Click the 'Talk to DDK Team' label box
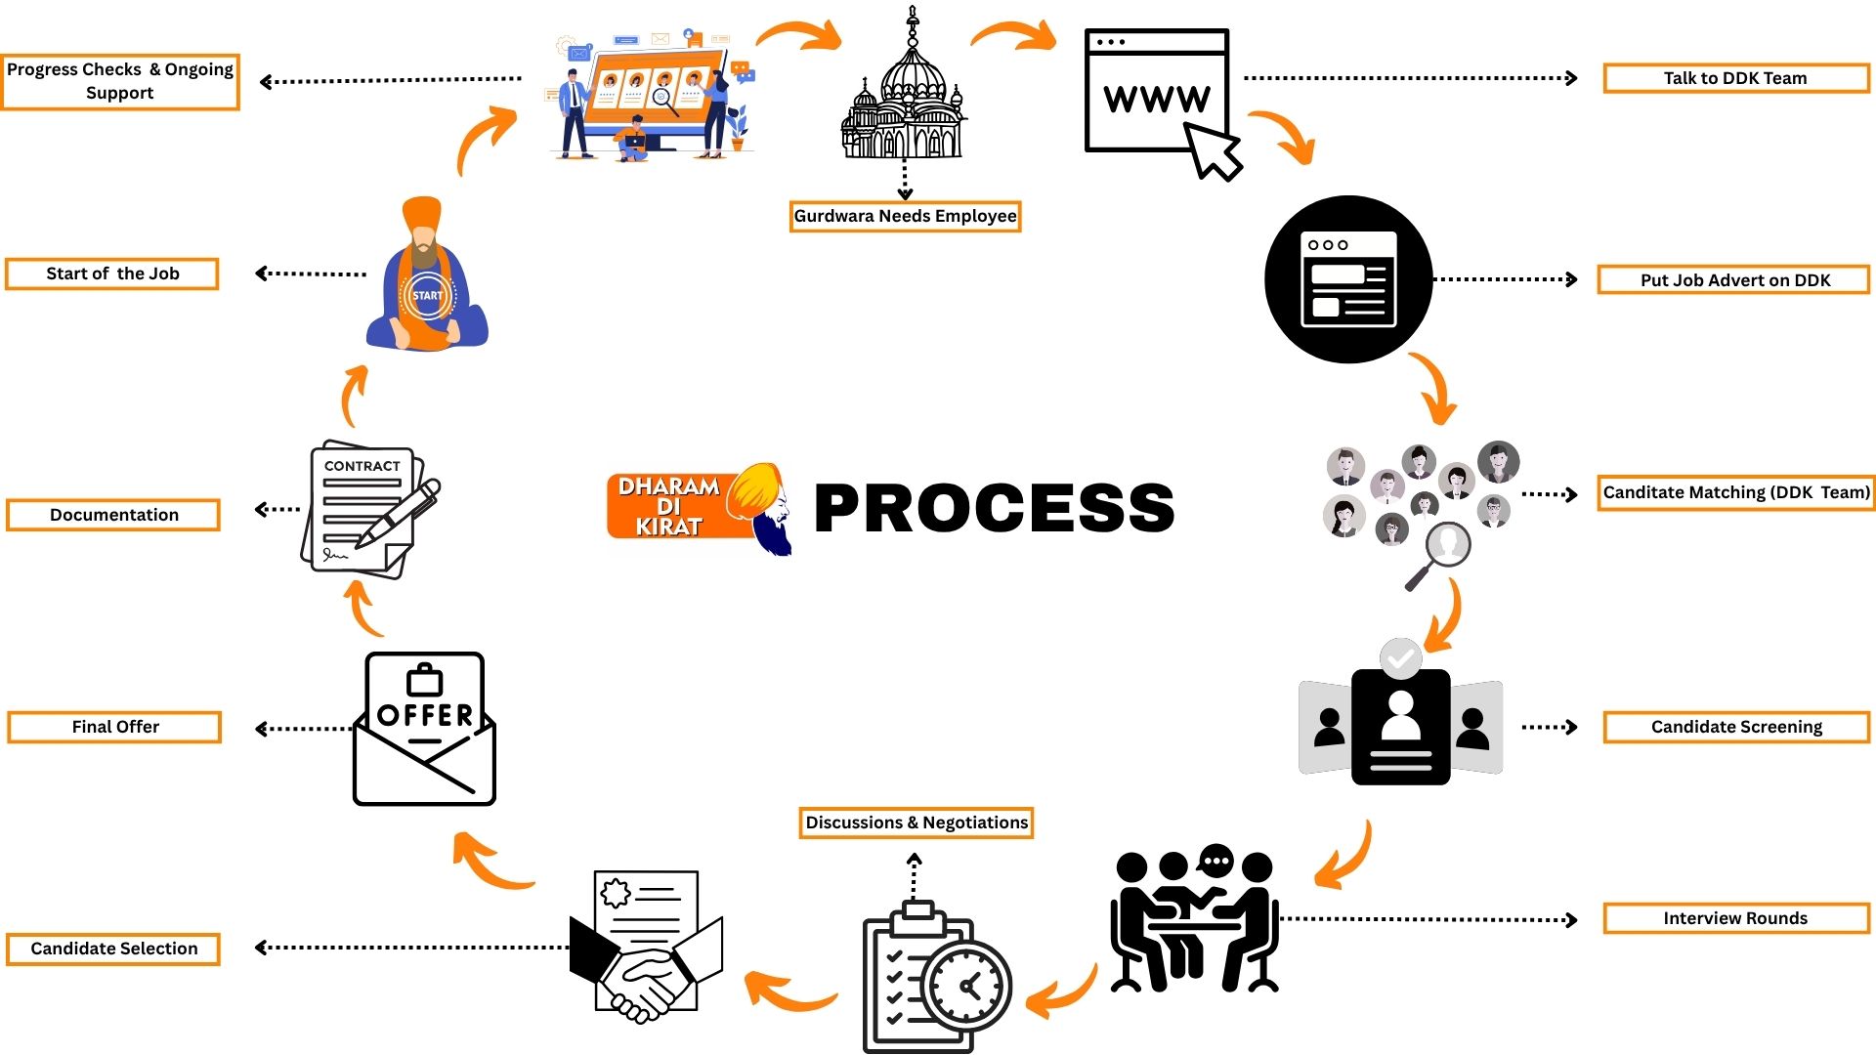(x=1735, y=78)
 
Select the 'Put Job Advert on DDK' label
(x=1733, y=279)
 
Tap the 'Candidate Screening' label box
(x=1735, y=727)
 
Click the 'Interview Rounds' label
(x=1735, y=918)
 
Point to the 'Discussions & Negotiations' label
(x=916, y=823)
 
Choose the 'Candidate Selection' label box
(x=113, y=949)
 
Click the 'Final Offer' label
(x=114, y=727)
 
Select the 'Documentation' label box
(x=113, y=515)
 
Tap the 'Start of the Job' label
(x=112, y=274)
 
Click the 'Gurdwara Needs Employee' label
(x=905, y=216)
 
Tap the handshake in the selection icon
(x=643, y=987)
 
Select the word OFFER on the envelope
(x=425, y=715)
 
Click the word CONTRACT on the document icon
(x=362, y=466)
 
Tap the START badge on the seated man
(x=426, y=296)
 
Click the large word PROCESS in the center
(x=994, y=508)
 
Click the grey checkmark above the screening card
(x=1400, y=658)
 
